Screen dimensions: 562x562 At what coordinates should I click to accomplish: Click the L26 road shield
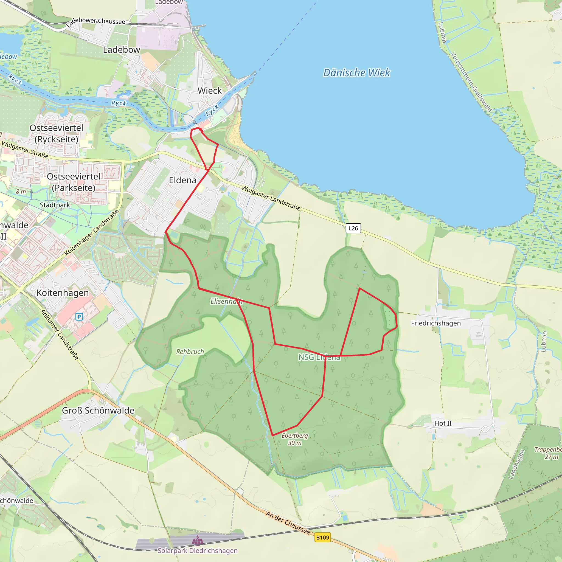pos(353,228)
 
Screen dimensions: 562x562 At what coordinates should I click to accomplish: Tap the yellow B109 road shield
pos(323,538)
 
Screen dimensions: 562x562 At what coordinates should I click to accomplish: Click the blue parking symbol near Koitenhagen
pos(79,316)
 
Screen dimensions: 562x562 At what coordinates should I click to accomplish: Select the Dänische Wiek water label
pos(357,73)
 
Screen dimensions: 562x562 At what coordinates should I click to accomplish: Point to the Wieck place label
pos(209,91)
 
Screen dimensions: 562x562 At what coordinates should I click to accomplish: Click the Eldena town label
pos(183,180)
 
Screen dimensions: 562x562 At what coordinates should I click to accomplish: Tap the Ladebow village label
pos(121,50)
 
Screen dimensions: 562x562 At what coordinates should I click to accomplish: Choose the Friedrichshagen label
pos(435,323)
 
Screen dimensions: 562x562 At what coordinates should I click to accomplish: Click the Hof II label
pos(443,423)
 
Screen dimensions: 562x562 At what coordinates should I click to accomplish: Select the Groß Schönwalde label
pos(98,411)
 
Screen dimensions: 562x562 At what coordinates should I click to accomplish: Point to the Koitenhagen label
pos(63,293)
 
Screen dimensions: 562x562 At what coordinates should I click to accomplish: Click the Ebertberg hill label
pos(294,435)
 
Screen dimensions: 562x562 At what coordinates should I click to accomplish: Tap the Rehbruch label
pos(190,352)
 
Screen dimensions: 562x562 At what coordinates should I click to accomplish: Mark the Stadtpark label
pos(55,205)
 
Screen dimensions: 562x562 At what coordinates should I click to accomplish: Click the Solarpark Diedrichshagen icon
pos(198,541)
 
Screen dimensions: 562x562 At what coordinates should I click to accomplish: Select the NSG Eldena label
pos(319,357)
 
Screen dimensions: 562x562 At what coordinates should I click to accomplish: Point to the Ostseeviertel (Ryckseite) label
pos(57,134)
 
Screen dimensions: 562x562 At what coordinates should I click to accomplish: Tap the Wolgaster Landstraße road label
pos(271,198)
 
